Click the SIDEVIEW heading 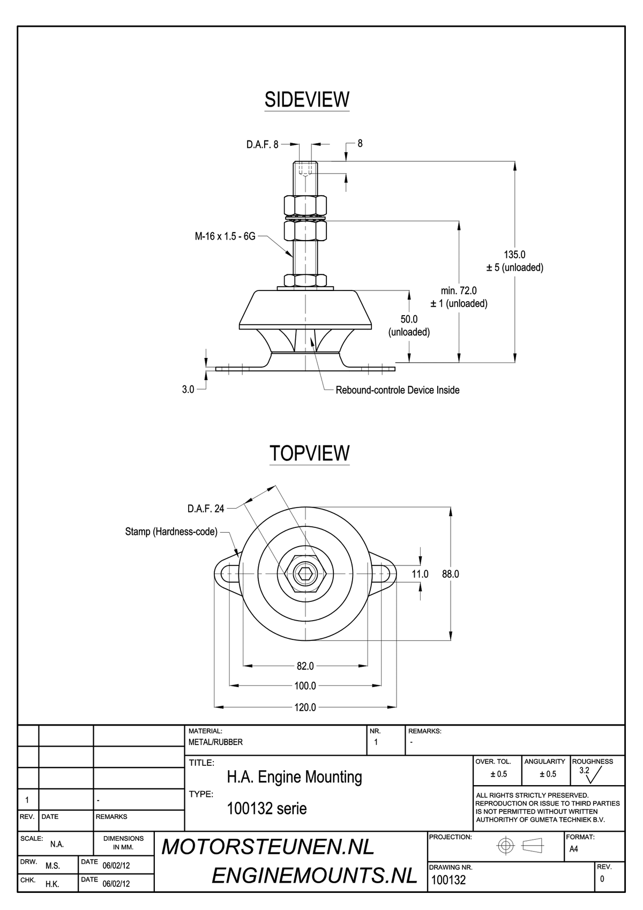point(306,100)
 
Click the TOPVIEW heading point(310,453)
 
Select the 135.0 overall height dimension point(514,255)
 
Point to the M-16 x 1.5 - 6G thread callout point(225,236)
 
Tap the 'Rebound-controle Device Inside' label point(398,390)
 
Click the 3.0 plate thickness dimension point(188,390)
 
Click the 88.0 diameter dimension point(451,574)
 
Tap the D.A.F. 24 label point(206,509)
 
